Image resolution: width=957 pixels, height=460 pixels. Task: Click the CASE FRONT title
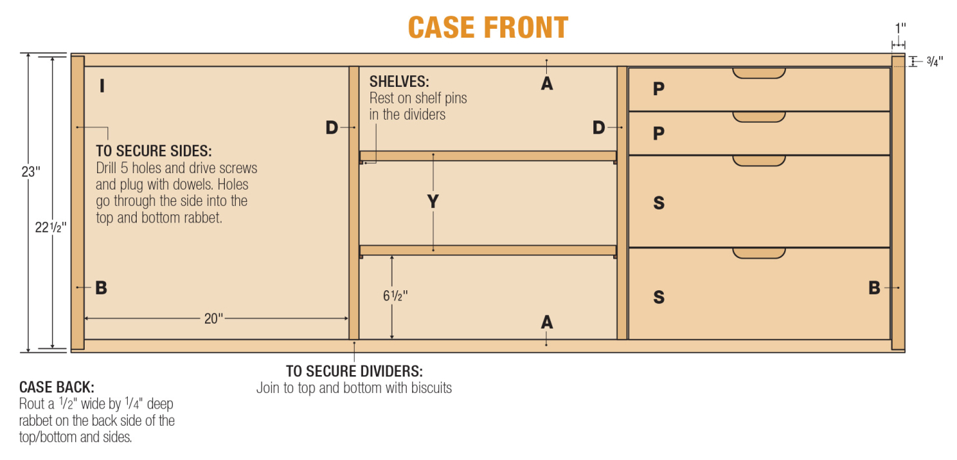point(488,27)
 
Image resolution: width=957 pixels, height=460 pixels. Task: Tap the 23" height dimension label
point(31,172)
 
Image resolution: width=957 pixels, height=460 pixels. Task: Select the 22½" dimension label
point(51,227)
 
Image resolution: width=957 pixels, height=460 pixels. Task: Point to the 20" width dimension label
point(213,318)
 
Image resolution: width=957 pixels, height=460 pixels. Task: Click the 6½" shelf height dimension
point(395,296)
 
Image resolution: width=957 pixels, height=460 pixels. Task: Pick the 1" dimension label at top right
point(901,28)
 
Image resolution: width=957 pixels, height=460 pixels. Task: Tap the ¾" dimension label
point(934,62)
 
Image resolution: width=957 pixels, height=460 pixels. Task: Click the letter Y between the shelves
point(433,201)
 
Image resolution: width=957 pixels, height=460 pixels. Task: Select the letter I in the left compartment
point(102,86)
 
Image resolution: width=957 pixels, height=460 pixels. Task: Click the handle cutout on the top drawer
point(759,73)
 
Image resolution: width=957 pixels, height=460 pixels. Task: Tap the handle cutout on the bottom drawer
point(759,253)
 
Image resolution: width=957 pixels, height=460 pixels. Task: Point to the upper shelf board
point(488,156)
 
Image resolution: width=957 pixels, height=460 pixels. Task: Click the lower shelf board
point(488,251)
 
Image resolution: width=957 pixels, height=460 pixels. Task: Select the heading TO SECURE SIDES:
point(154,151)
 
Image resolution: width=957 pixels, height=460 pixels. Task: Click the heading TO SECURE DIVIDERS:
point(354,371)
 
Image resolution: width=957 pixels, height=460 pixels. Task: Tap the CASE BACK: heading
point(57,387)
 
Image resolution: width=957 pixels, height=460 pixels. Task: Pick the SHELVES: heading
point(399,81)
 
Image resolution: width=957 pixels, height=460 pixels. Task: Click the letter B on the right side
point(874,288)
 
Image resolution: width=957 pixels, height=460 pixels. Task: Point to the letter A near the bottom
point(547,322)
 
